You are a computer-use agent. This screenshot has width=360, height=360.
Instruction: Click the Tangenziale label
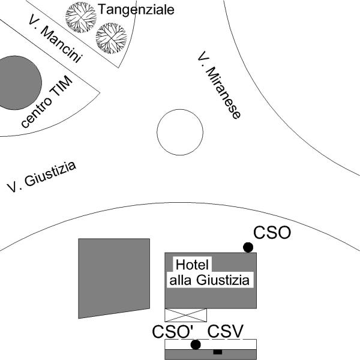136,10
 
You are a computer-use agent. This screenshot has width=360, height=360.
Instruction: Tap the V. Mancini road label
55,38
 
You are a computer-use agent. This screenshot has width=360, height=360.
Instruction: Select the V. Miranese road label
219,85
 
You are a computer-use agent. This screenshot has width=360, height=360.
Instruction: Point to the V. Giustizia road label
41,177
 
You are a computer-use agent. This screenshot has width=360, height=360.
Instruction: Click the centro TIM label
47,101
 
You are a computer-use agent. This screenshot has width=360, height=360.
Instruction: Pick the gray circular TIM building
19,83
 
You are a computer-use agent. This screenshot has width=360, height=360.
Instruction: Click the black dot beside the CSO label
248,247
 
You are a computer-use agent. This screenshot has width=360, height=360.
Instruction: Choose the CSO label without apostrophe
272,233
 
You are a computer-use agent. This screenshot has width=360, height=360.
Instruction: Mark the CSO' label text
173,332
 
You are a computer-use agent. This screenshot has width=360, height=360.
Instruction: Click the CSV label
225,331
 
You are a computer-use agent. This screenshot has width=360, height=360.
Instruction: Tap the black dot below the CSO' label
196,344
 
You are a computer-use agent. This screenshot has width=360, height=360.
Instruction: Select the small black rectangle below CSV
218,352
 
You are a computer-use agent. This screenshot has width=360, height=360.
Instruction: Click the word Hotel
192,265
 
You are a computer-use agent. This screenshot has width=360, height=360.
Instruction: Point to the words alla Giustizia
209,280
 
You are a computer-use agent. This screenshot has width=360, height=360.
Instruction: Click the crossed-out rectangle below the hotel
186,315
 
